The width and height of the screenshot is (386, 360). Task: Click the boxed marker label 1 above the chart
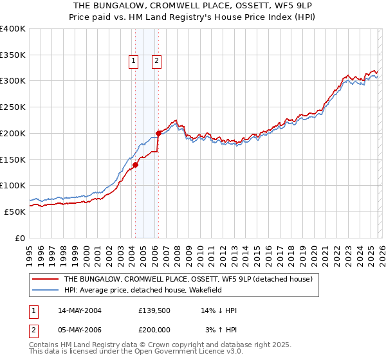tap(133, 62)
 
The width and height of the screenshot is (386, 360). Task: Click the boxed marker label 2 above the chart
tap(156, 62)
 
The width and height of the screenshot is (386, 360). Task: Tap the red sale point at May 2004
tap(136, 165)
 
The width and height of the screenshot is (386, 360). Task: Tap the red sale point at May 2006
tap(158, 133)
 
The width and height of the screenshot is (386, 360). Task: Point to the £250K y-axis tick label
tap(13, 107)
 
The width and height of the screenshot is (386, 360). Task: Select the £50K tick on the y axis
tap(15, 212)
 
